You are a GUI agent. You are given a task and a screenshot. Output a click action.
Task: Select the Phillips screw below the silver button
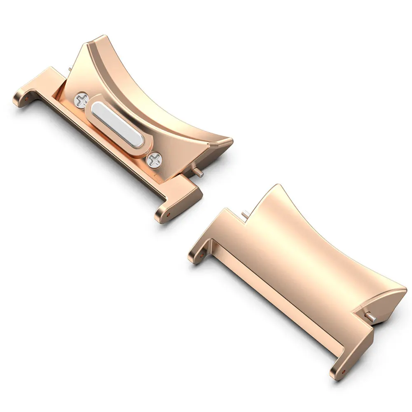tap(155, 159)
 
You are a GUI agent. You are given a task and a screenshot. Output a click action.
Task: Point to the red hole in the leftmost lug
tap(27, 98)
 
